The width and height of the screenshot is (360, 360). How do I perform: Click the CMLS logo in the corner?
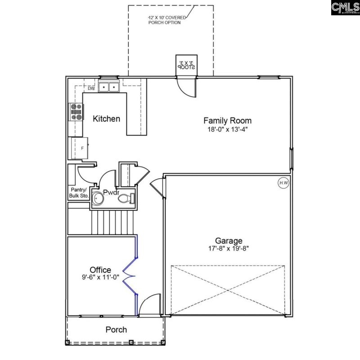(345, 8)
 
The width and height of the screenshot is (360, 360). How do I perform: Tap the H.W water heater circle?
(283, 183)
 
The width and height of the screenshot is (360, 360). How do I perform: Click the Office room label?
(100, 270)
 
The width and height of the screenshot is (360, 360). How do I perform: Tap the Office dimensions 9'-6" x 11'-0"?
(100, 277)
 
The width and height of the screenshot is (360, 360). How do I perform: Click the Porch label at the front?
(116, 330)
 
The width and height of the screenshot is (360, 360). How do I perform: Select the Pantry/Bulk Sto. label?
(79, 193)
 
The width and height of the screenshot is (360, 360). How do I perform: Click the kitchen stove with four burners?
(76, 112)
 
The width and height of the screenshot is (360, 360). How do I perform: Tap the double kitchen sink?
(108, 87)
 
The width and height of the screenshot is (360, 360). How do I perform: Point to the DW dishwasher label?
(91, 88)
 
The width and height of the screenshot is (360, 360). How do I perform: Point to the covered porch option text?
(165, 20)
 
